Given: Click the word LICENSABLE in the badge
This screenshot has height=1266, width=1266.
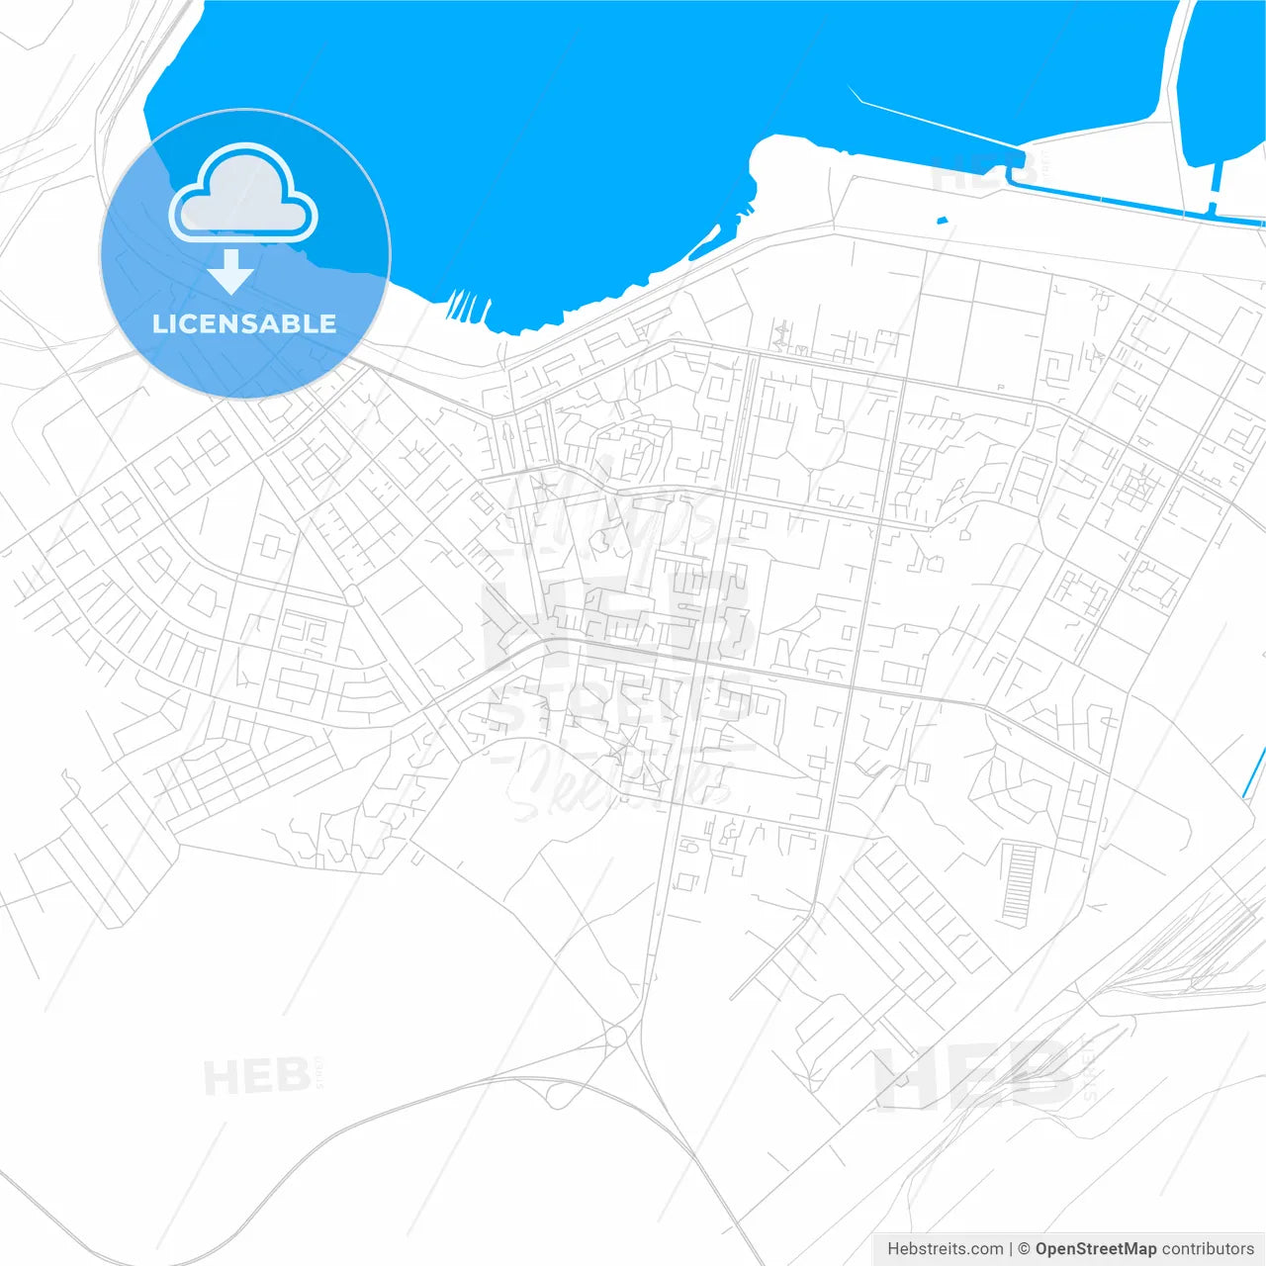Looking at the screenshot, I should (244, 323).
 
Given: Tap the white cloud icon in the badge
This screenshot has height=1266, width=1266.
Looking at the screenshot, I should (243, 195).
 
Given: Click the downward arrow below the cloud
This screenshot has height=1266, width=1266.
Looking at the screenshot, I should (231, 272).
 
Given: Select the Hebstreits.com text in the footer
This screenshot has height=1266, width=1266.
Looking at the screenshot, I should (945, 1248).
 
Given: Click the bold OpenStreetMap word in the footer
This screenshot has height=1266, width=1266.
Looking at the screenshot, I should (1096, 1248).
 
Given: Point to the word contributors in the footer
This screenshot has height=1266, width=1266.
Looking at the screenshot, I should (1208, 1248).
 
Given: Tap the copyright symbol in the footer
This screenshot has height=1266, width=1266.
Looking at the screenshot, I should (1024, 1248).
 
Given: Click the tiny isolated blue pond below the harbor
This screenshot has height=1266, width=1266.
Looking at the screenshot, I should (942, 220).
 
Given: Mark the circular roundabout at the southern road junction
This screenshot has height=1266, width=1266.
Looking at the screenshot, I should (616, 1036).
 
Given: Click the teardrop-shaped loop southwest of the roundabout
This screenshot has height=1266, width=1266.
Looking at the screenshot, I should (557, 1095).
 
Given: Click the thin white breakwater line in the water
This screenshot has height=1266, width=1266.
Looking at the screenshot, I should (930, 124).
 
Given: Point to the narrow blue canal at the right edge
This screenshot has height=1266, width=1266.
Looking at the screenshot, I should (1254, 771).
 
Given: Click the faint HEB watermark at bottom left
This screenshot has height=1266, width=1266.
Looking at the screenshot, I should (255, 1076).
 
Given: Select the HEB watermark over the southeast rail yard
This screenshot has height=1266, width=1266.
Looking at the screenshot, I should (974, 1078).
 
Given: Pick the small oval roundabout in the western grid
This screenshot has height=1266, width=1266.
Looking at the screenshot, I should (352, 594).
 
